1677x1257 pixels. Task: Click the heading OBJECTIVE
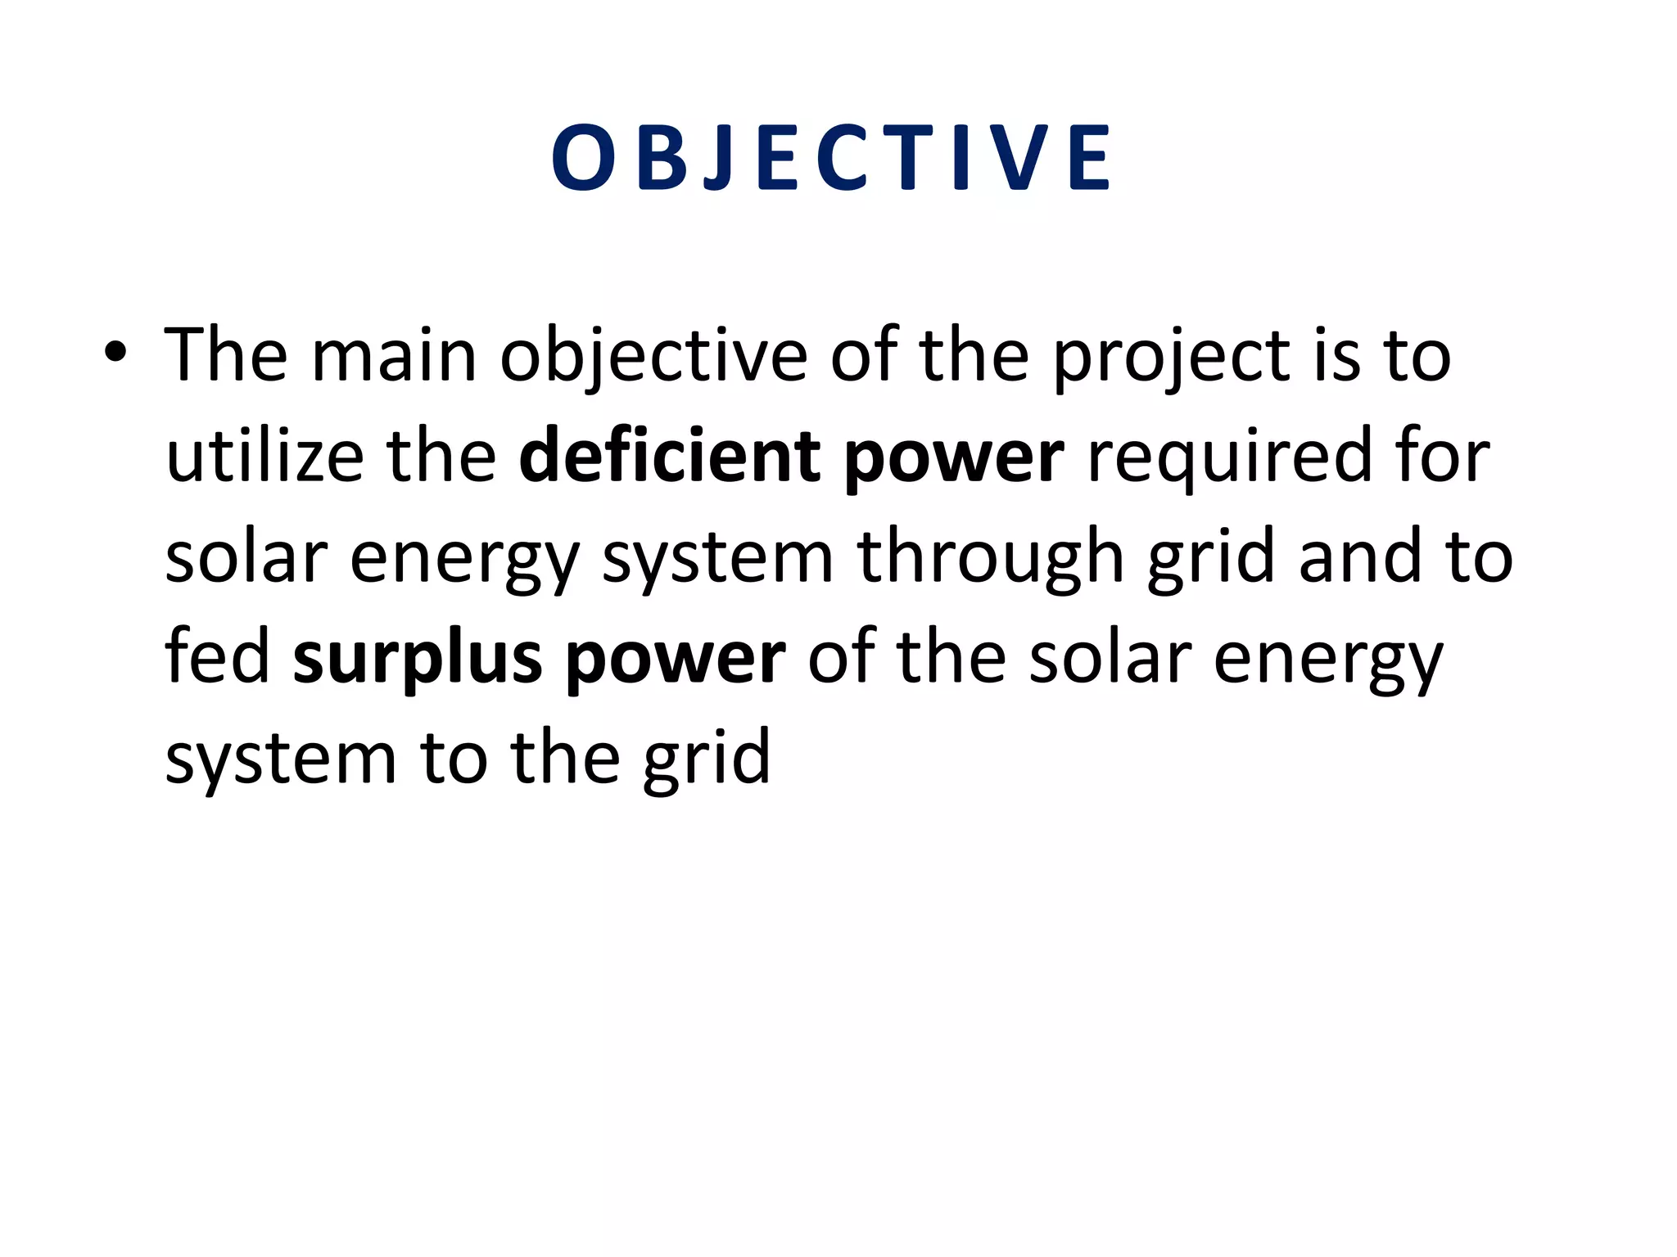point(831,158)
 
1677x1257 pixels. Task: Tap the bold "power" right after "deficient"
point(954,458)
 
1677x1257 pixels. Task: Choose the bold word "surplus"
point(418,659)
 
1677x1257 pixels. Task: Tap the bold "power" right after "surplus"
point(676,660)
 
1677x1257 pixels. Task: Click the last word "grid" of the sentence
point(706,759)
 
